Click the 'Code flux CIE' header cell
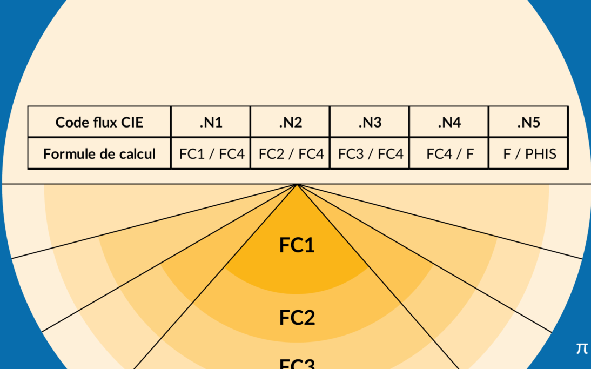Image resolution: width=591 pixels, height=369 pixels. pos(99,123)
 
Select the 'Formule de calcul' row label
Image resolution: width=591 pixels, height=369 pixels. pos(99,154)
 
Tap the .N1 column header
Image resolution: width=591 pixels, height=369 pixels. pos(211,123)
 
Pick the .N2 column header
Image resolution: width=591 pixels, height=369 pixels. pos(290,123)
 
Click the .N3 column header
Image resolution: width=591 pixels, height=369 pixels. pos(370,123)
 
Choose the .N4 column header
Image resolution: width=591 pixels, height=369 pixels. pos(449,123)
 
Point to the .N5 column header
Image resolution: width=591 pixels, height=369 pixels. pos(528,123)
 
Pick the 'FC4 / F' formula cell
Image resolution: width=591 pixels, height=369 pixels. pos(449,154)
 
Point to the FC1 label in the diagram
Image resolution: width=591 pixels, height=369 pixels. pos(297,245)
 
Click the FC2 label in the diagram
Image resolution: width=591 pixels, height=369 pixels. pos(297,318)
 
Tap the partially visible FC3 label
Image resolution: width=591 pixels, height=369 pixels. pos(297,364)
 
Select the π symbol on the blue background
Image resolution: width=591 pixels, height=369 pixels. pos(581,348)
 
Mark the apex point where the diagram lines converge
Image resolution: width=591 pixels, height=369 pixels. pos(297,185)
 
